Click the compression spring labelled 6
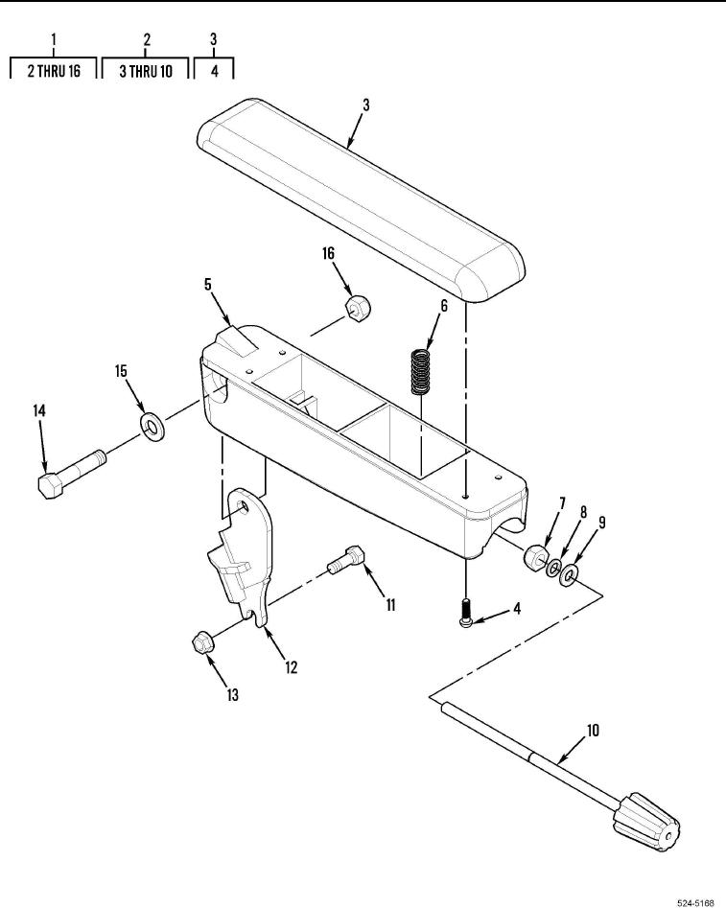(x=421, y=371)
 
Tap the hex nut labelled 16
(x=358, y=308)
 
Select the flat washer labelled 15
(x=152, y=427)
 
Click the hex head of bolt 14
(x=51, y=485)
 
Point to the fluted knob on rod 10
(x=646, y=822)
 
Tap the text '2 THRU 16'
(x=54, y=71)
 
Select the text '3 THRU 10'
(x=146, y=71)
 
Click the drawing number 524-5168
(x=696, y=902)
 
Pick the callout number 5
(x=208, y=284)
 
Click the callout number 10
(x=593, y=731)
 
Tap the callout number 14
(x=38, y=410)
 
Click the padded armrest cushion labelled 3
(x=361, y=199)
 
